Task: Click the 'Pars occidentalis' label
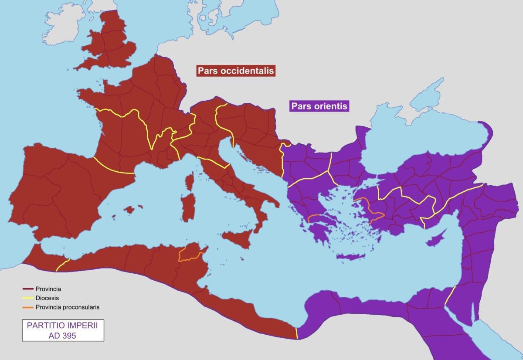(x=236, y=71)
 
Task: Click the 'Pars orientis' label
(x=319, y=106)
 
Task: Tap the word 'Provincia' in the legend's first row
(x=48, y=289)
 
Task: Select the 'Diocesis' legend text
(x=47, y=298)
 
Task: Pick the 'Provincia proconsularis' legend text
(x=68, y=307)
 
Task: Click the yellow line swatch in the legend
(x=28, y=298)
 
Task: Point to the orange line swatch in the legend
(x=28, y=307)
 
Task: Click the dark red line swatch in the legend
(x=28, y=289)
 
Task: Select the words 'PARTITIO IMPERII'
(x=63, y=325)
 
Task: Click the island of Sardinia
(x=189, y=207)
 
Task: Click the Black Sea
(x=418, y=135)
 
